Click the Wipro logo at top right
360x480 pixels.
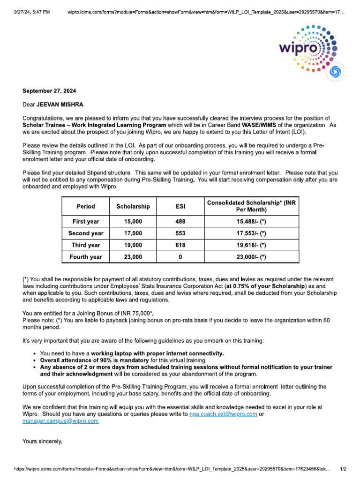[308, 49]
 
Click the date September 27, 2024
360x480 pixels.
[49, 91]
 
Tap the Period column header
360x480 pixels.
[85, 206]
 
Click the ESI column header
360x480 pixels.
[180, 206]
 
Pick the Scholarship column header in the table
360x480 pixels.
[133, 206]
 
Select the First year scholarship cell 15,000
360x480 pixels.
[133, 221]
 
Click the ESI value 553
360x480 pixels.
[180, 233]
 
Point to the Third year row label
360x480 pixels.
[85, 245]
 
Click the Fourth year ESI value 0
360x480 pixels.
[180, 257]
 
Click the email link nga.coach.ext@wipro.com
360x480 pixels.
[223, 414]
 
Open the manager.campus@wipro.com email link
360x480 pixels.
[60, 421]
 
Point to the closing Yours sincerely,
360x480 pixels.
[42, 441]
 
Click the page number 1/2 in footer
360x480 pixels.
[343, 469]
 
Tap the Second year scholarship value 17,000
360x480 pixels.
[133, 233]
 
